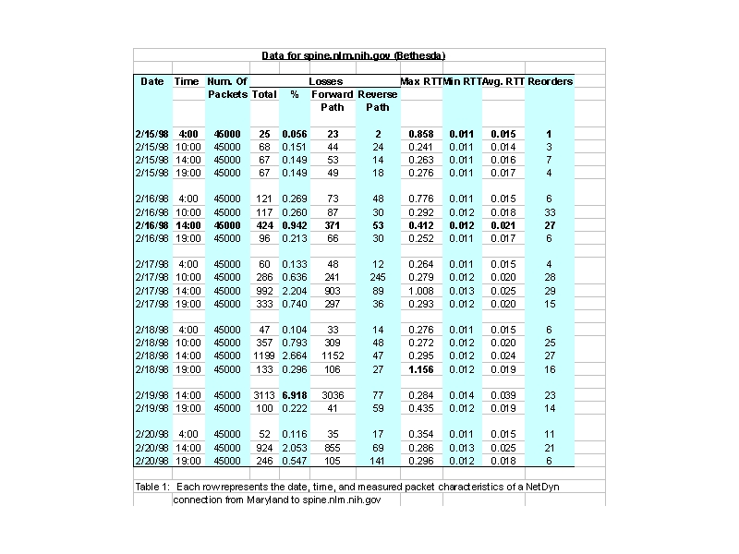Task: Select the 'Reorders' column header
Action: [x=550, y=81]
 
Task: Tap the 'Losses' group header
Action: [x=325, y=81]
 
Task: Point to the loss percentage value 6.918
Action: [x=295, y=394]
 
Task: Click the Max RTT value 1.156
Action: [x=420, y=368]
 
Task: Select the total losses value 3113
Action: [x=264, y=394]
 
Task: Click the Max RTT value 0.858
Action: [x=420, y=134]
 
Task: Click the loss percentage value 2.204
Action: [x=295, y=290]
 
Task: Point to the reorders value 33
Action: [x=549, y=212]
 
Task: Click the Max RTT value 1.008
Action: [x=420, y=290]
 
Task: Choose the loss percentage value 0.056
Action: [x=295, y=134]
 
